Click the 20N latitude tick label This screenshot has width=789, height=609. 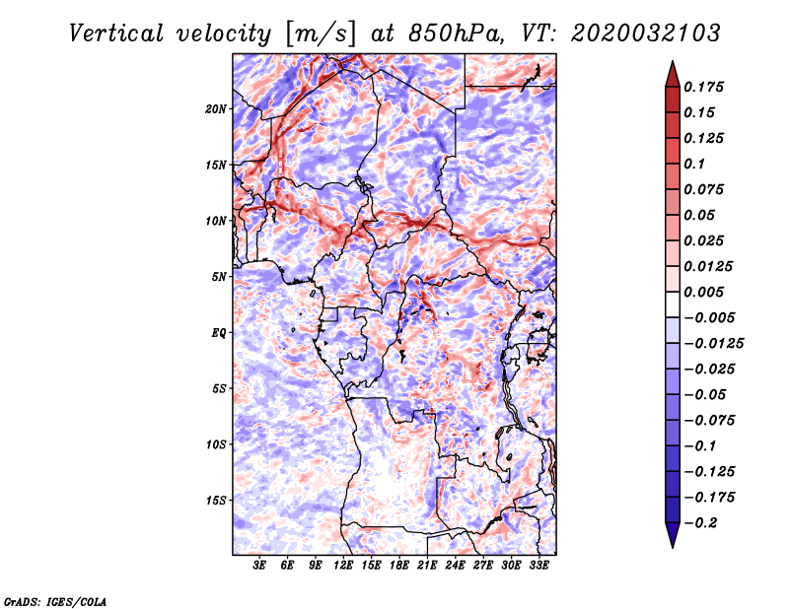click(216, 108)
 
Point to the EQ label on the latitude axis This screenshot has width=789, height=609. click(218, 333)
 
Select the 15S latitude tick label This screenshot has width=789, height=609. click(216, 501)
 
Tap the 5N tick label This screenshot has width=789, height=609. click(219, 277)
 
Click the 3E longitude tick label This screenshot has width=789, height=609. click(260, 566)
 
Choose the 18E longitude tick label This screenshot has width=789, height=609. click(399, 566)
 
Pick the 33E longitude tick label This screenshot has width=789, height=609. click(538, 566)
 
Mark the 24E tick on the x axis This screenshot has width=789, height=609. click(455, 566)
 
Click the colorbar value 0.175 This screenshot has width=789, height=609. click(706, 87)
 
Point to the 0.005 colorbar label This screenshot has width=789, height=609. click(706, 292)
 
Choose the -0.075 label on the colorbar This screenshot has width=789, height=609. click(710, 420)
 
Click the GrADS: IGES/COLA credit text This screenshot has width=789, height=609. click(54, 600)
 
